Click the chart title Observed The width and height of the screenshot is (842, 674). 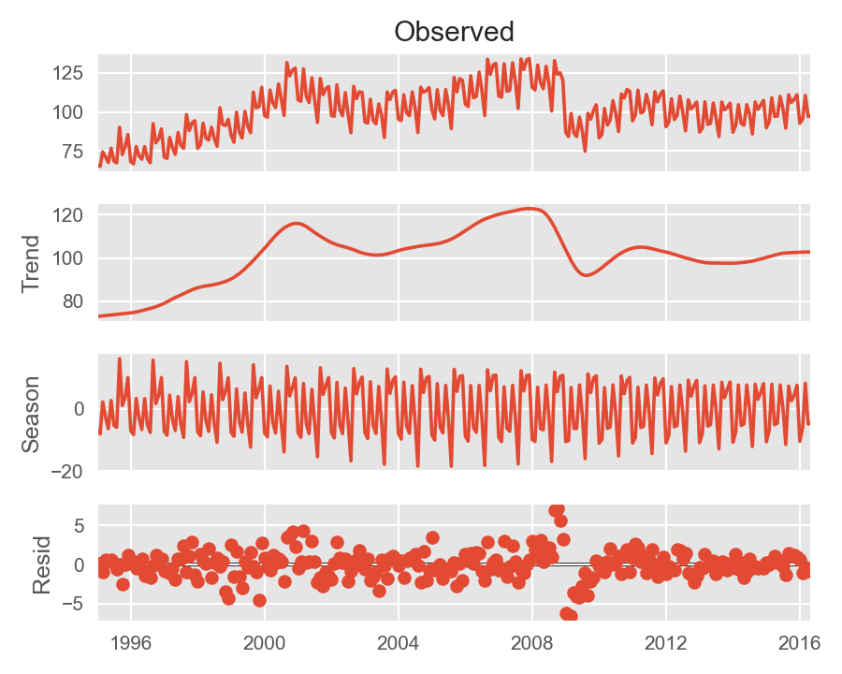tap(454, 32)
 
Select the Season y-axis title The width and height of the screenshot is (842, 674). tap(30, 414)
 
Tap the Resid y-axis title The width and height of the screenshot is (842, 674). tap(42, 564)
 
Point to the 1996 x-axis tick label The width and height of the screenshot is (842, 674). tap(131, 643)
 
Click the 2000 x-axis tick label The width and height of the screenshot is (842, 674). tap(265, 643)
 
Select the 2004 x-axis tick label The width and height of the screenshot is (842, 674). tap(399, 643)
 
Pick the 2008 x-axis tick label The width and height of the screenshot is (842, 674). tap(532, 643)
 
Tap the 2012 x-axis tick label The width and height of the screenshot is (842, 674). tap(666, 643)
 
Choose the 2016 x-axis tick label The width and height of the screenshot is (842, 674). tap(800, 643)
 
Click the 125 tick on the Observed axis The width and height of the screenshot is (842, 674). tap(71, 73)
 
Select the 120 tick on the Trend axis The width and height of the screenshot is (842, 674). tap(71, 215)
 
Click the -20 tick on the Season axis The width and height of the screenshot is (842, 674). tap(69, 472)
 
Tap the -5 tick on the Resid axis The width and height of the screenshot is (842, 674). tap(75, 604)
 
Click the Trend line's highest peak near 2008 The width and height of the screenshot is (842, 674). tap(530, 209)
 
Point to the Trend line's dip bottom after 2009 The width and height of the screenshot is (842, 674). tap(586, 274)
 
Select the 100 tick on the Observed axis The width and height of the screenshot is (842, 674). tap(71, 112)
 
